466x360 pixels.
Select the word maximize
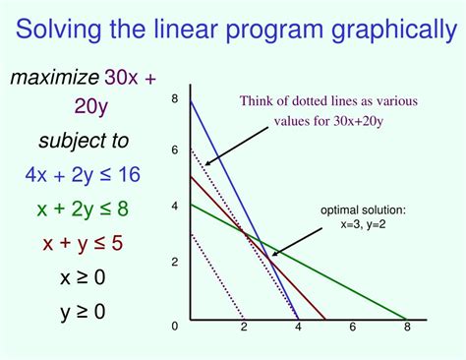click(55, 78)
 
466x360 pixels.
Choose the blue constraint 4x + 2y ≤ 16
click(83, 175)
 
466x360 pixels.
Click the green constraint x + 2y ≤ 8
click(83, 208)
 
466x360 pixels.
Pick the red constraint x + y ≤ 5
click(83, 242)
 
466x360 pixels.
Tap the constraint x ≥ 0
click(83, 277)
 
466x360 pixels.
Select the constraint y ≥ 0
click(83, 314)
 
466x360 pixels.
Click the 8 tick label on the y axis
click(174, 98)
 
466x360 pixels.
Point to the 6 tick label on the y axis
click(174, 150)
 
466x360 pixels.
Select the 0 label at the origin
click(174, 326)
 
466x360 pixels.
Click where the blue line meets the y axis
click(190, 99)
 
